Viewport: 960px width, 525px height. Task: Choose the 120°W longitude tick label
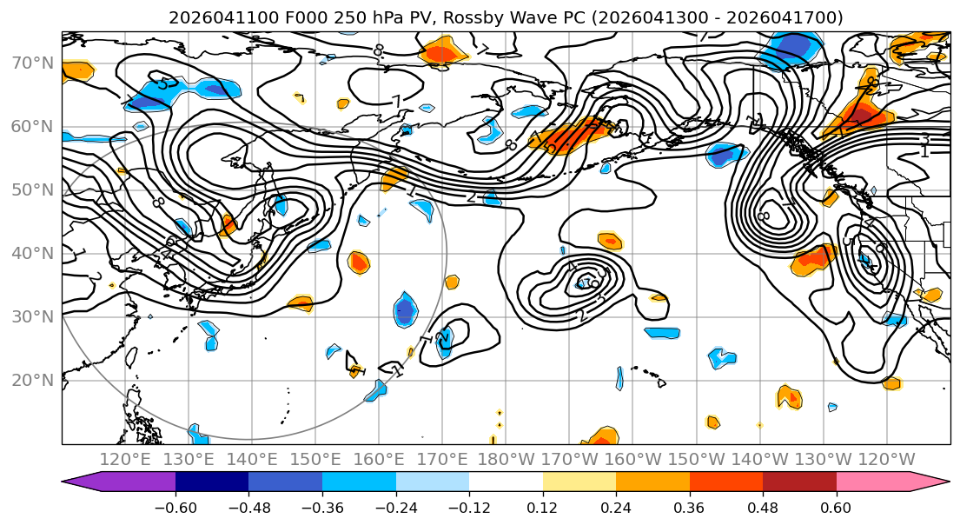tap(886, 459)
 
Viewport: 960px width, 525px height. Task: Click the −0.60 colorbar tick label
tap(175, 506)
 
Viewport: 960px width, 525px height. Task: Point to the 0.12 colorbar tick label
tap(543, 506)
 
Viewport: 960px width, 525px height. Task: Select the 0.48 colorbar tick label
tap(763, 506)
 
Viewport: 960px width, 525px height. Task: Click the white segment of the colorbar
tap(506, 482)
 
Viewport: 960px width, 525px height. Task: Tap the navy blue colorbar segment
tap(212, 482)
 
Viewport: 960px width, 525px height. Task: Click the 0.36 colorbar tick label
tap(690, 506)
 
